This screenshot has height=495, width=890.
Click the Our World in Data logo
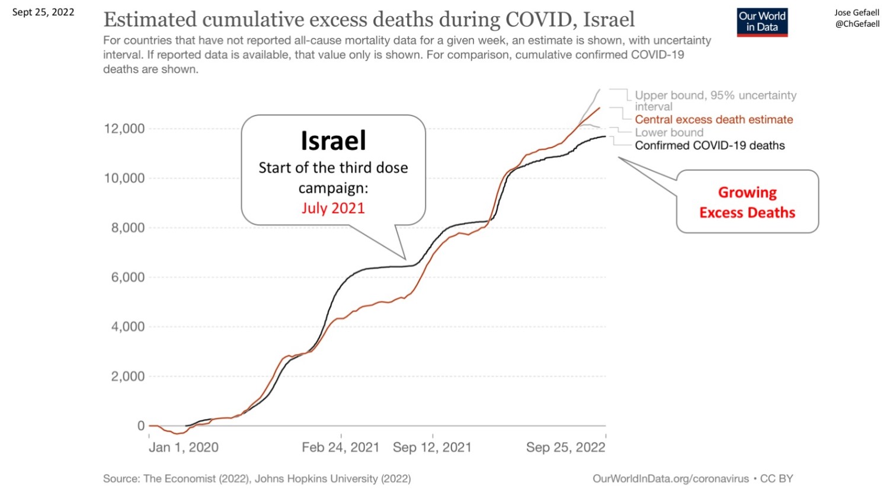762,22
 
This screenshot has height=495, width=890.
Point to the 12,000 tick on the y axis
124,129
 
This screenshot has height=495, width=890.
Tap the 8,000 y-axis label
128,228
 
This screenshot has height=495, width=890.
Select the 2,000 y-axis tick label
128,376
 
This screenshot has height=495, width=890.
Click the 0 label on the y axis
141,426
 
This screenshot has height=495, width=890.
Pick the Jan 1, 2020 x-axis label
184,448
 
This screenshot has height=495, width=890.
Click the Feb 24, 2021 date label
341,448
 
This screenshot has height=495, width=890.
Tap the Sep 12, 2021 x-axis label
432,448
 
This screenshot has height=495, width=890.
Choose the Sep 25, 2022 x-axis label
566,448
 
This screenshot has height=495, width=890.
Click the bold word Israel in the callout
333,141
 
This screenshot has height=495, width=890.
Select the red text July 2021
333,208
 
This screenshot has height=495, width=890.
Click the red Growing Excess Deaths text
747,202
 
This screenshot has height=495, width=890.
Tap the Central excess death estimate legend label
713,120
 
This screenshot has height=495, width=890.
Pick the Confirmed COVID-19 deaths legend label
710,146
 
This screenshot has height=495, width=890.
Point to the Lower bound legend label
669,133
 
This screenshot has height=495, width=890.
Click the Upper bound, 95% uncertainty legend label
715,95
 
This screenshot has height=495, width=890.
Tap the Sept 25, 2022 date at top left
43,12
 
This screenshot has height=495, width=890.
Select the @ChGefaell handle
857,24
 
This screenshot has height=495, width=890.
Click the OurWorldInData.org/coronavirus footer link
671,479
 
